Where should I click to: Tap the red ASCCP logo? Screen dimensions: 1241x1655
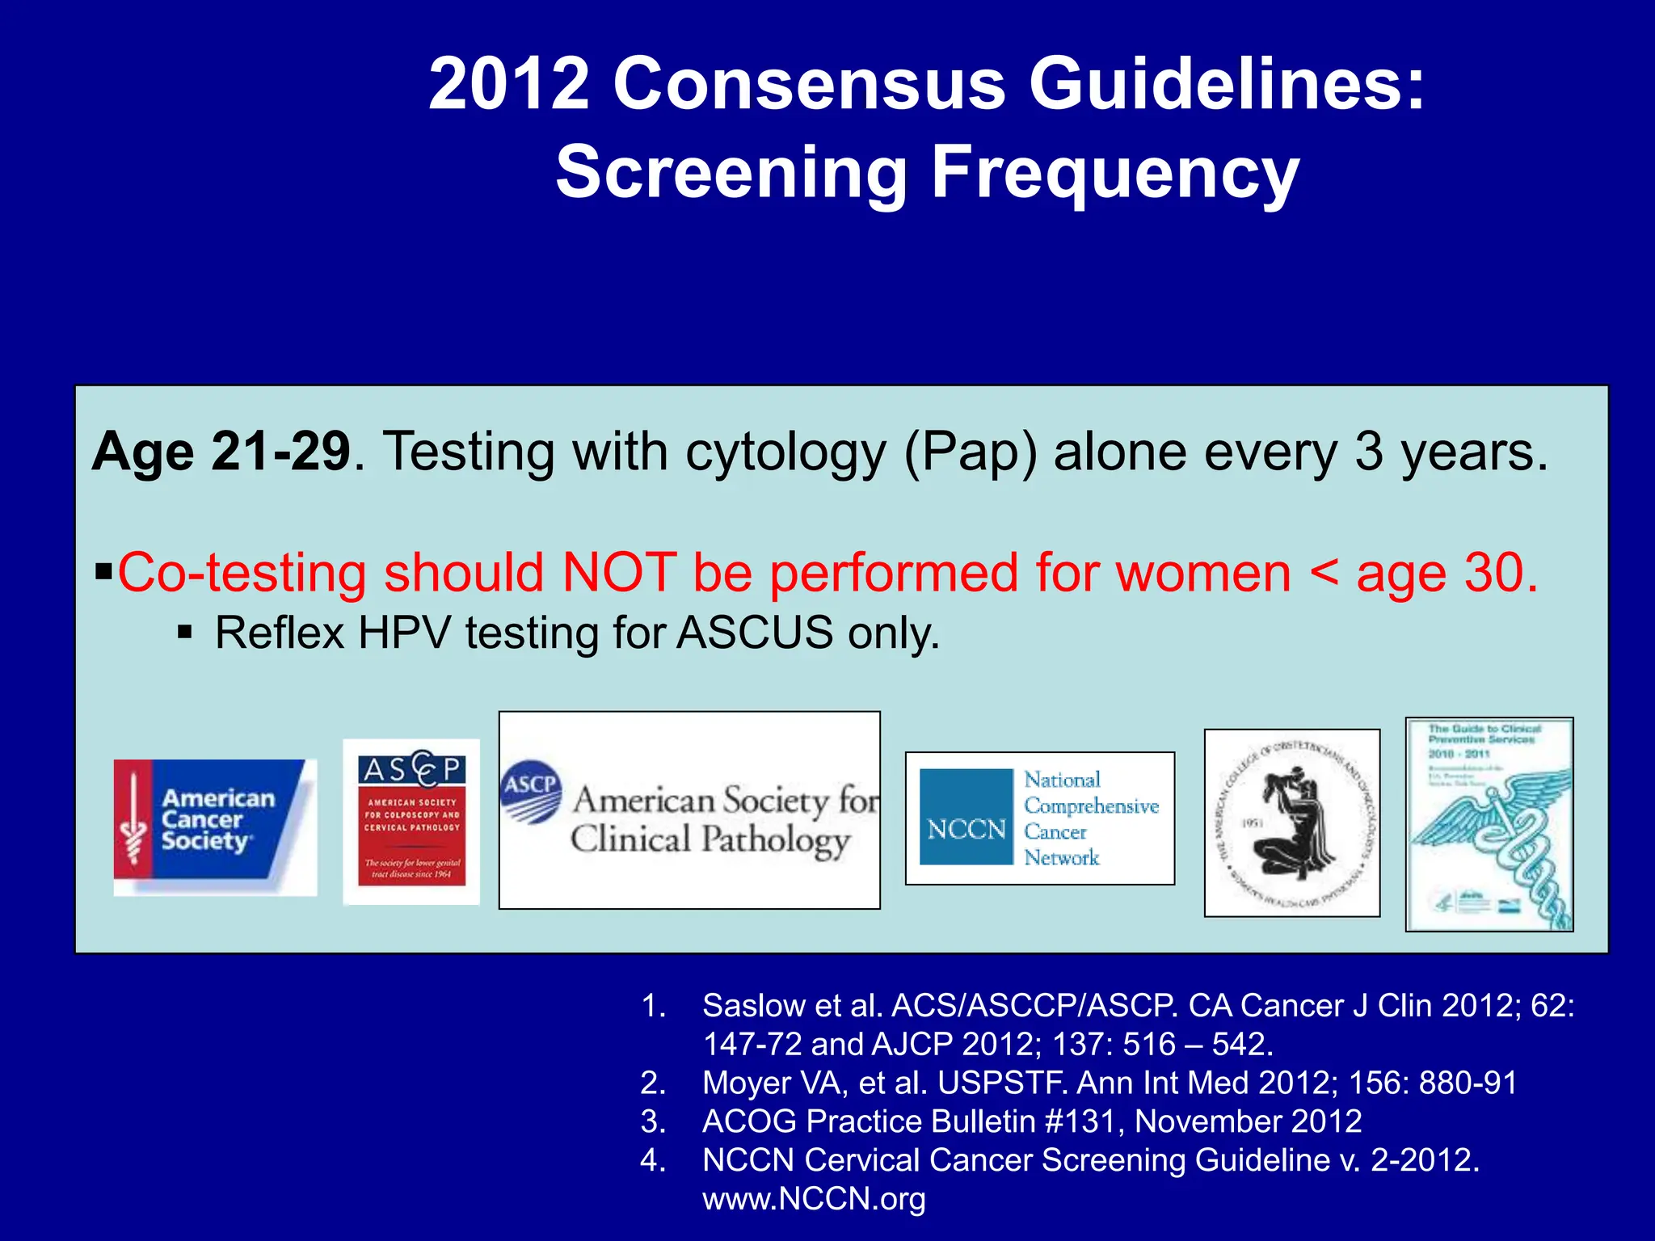pyautogui.click(x=411, y=821)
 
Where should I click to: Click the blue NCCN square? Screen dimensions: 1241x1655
pyautogui.click(x=966, y=817)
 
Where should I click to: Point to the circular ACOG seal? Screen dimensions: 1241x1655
pyautogui.click(x=1291, y=822)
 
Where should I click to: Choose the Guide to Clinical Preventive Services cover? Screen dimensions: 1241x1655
pyautogui.click(x=1489, y=824)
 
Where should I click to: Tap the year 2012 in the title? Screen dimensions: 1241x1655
pyautogui.click(x=509, y=84)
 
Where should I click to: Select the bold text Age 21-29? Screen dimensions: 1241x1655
pyautogui.click(x=221, y=452)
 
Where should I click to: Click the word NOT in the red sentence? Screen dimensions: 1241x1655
pyautogui.click(x=619, y=574)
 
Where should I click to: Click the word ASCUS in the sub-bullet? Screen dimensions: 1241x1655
pyautogui.click(x=755, y=633)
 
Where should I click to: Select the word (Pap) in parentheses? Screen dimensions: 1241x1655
pyautogui.click(x=970, y=452)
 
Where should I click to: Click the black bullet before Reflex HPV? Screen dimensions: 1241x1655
pyautogui.click(x=185, y=631)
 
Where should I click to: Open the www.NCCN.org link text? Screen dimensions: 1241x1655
pyautogui.click(x=814, y=1198)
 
